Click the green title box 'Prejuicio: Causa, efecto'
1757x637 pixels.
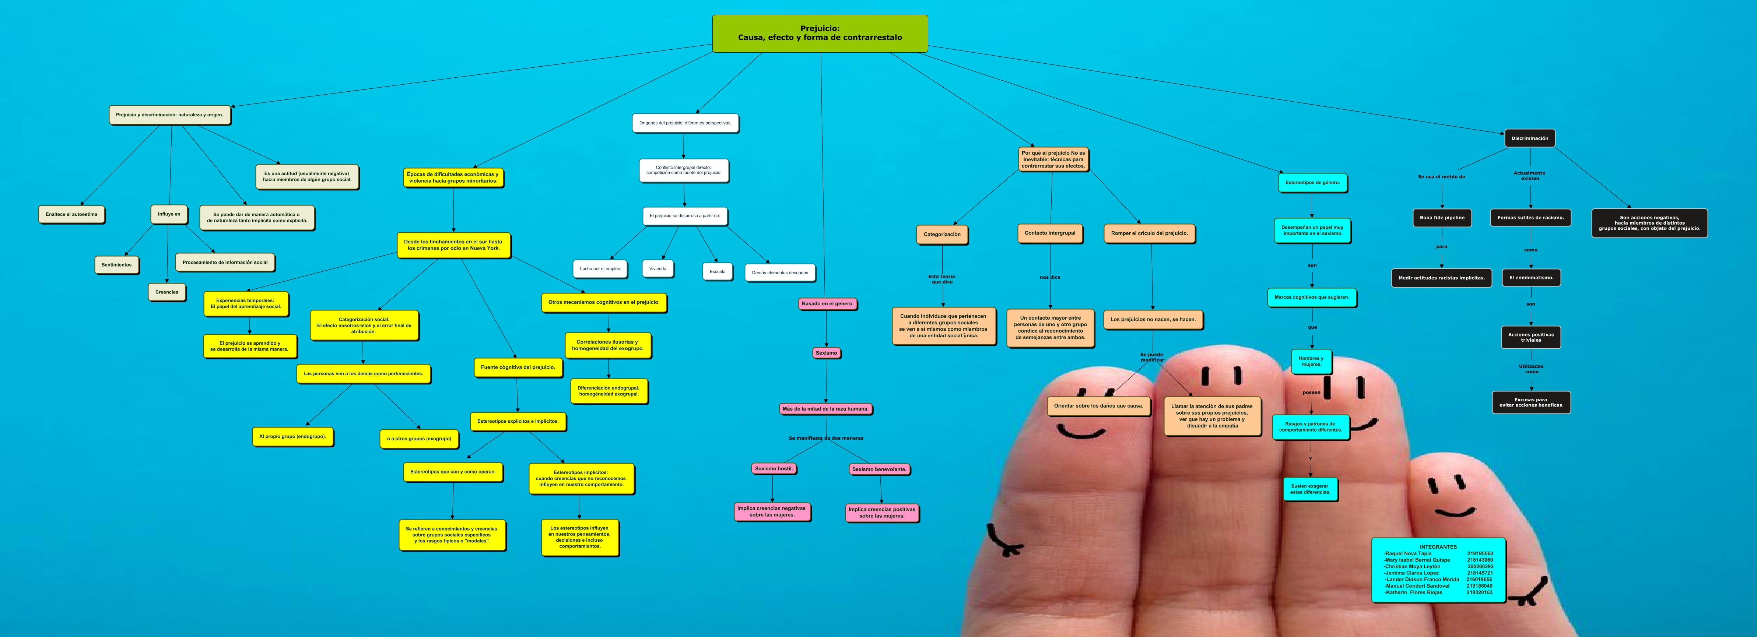(x=820, y=34)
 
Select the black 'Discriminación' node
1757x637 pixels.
(x=1529, y=138)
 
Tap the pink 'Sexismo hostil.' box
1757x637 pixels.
(x=774, y=468)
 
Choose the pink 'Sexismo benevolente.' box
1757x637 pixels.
(x=879, y=469)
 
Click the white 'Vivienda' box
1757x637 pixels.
(x=657, y=269)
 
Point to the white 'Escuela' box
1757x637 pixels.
(x=717, y=271)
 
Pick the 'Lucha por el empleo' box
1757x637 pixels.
(x=600, y=269)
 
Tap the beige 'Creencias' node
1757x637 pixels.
(x=166, y=292)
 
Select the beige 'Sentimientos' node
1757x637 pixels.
(x=117, y=265)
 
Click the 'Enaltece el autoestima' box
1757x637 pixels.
(x=71, y=214)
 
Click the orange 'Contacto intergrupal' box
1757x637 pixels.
(x=1050, y=233)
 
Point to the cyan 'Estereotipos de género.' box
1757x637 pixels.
(x=1312, y=183)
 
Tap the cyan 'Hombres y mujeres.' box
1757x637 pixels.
(x=1311, y=362)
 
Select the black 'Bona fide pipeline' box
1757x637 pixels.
(x=1442, y=218)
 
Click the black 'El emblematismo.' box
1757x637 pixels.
(x=1530, y=278)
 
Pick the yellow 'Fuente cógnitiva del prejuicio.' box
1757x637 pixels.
(x=518, y=367)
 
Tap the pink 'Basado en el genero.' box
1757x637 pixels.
(x=827, y=303)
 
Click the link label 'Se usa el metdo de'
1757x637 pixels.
(x=1441, y=177)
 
